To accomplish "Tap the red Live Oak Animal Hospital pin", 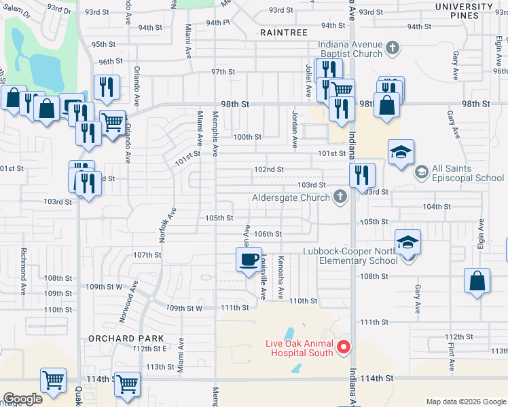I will tap(344, 347).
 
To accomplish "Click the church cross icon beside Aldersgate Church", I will tap(340, 197).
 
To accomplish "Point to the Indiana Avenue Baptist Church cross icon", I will tap(392, 48).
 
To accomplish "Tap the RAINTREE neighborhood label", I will tap(284, 32).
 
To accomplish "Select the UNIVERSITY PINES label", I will tap(464, 12).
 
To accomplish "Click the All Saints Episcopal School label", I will tap(469, 173).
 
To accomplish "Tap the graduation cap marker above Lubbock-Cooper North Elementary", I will tap(408, 241).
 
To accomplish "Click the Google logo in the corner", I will tap(22, 399).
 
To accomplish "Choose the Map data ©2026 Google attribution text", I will tap(465, 402).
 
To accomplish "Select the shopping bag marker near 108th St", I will tap(477, 281).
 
